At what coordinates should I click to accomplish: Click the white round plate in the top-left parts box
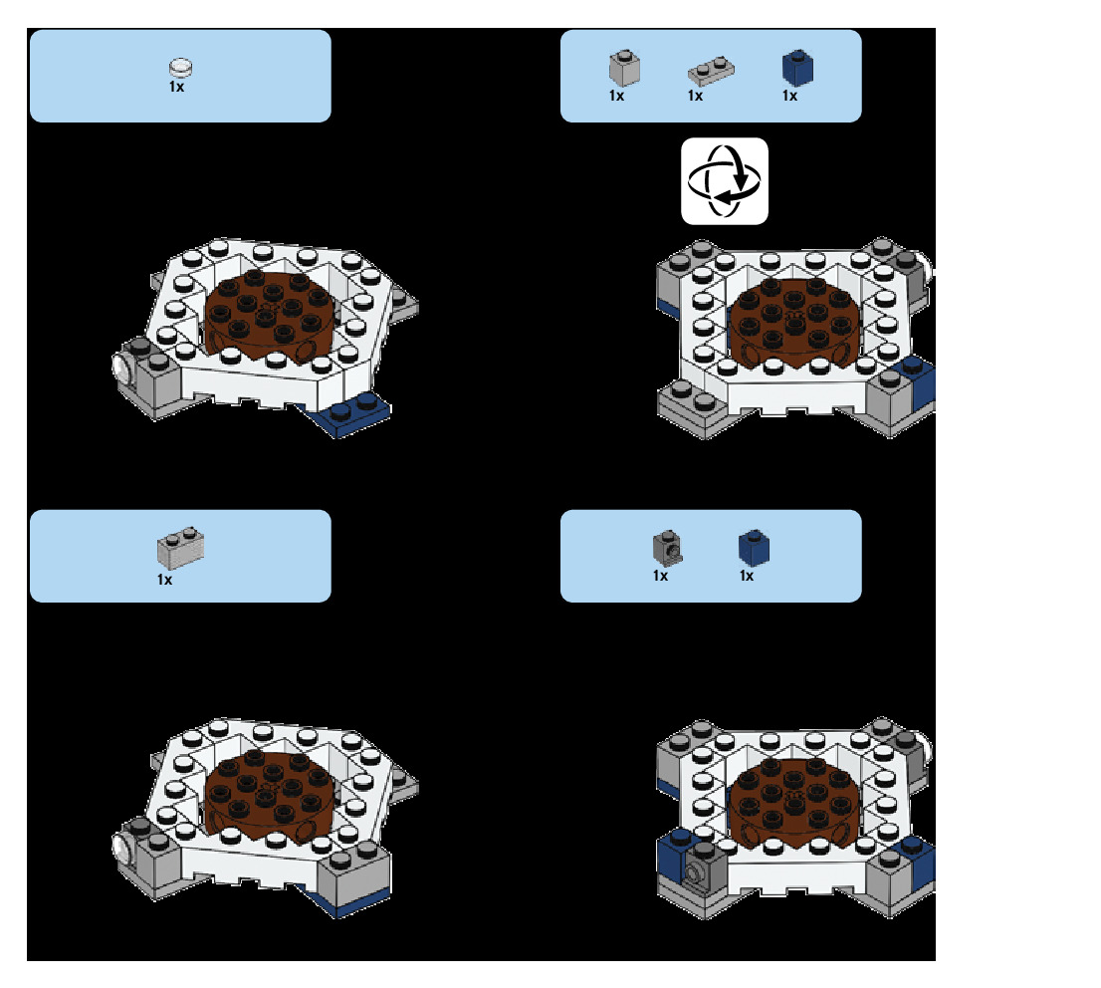click(180, 68)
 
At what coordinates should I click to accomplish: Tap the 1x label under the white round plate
click(176, 87)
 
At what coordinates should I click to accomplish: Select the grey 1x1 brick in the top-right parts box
click(623, 68)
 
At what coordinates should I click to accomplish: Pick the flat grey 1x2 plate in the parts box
click(710, 71)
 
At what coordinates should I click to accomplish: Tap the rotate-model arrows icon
click(724, 180)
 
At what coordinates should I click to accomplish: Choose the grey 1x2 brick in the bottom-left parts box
click(180, 549)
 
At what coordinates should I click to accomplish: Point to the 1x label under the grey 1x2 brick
click(164, 580)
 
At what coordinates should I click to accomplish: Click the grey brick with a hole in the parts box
click(666, 546)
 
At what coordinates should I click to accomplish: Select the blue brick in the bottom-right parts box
click(754, 547)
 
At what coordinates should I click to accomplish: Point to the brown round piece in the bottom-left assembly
click(269, 797)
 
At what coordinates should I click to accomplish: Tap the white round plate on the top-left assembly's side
click(123, 367)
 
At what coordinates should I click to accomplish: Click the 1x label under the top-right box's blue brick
click(789, 97)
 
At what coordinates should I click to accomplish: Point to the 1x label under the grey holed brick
click(660, 576)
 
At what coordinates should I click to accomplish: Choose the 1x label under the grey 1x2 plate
click(695, 97)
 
